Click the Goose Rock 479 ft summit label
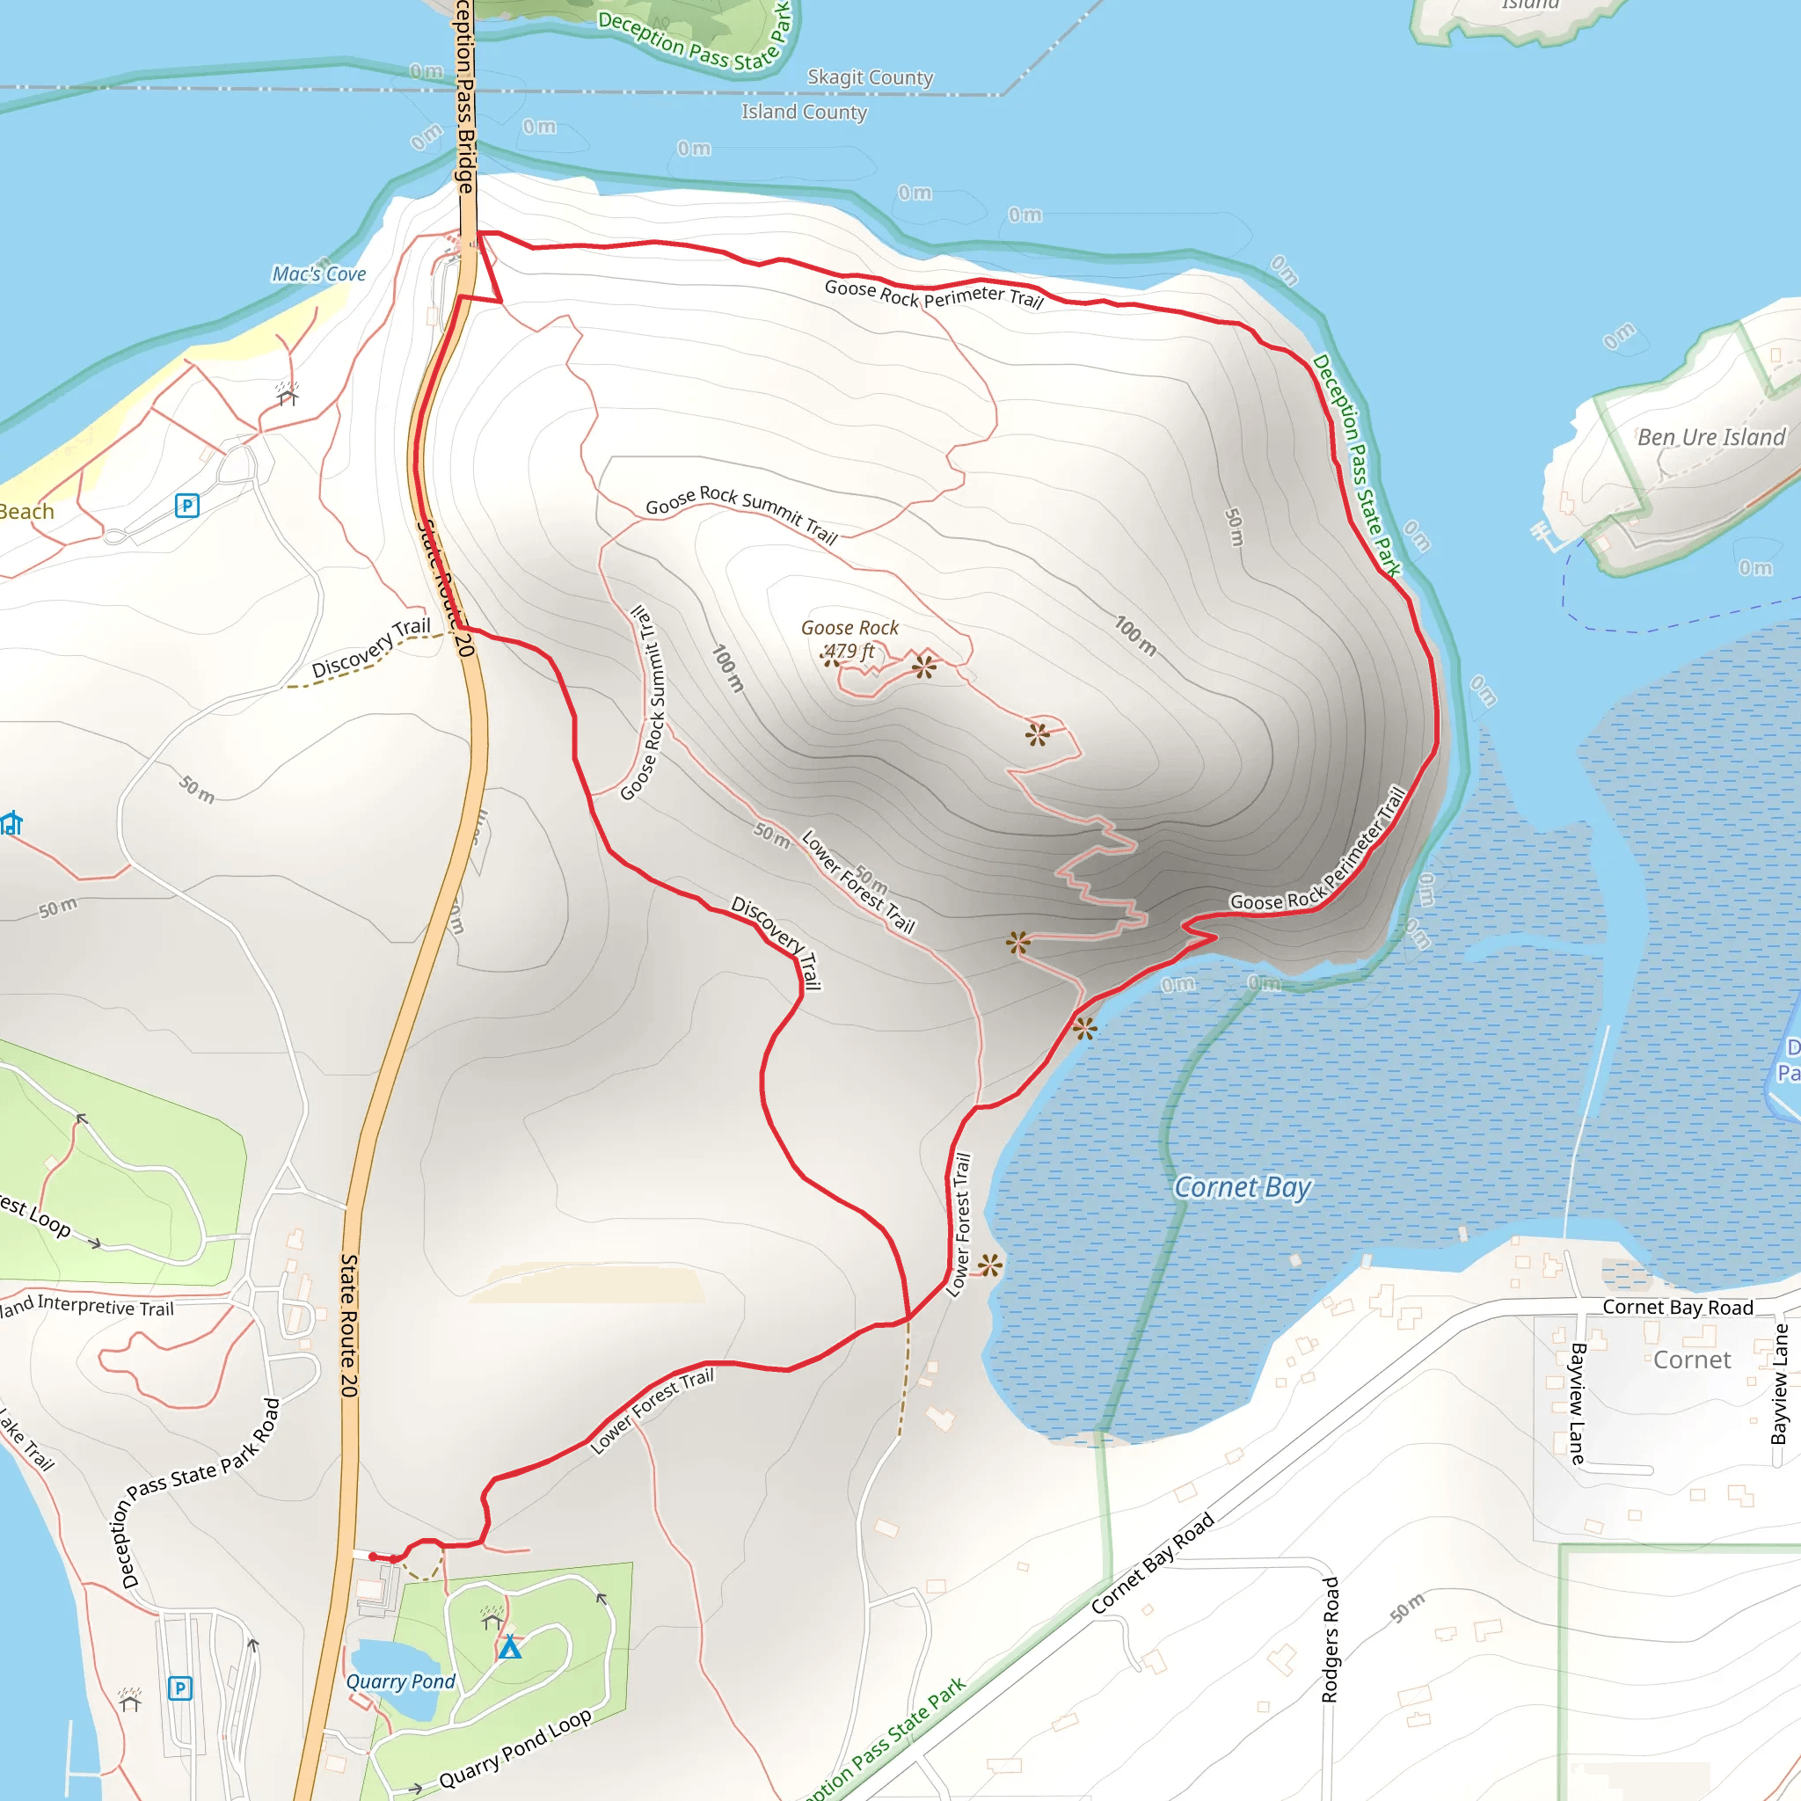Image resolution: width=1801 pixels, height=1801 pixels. pyautogui.click(x=849, y=639)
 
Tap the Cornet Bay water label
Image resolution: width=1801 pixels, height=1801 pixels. pyautogui.click(x=1242, y=1187)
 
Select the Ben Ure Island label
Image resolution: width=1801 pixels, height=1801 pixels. pyautogui.click(x=1710, y=437)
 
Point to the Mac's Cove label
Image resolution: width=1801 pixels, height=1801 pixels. pyautogui.click(x=319, y=274)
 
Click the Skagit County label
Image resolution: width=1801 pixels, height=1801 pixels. pyautogui.click(x=870, y=77)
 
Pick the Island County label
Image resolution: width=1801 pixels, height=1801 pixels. pyautogui.click(x=804, y=112)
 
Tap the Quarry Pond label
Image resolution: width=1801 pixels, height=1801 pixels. pyautogui.click(x=400, y=1681)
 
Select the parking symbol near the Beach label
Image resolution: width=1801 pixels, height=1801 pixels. pyautogui.click(x=186, y=507)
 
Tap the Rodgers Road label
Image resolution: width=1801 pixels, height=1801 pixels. pyautogui.click(x=1331, y=1639)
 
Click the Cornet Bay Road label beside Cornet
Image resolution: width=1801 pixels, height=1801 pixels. pyautogui.click(x=1677, y=1307)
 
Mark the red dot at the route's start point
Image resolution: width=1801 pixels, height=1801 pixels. pyautogui.click(x=373, y=1557)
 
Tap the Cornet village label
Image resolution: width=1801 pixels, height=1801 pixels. pyautogui.click(x=1692, y=1360)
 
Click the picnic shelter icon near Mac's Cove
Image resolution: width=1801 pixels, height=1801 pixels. pyautogui.click(x=287, y=394)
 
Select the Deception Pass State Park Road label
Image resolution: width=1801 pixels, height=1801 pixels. pyautogui.click(x=200, y=1491)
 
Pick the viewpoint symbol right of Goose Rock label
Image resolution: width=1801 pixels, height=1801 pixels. pyautogui.click(x=924, y=666)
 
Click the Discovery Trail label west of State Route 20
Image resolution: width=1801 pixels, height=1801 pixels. pyautogui.click(x=370, y=647)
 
